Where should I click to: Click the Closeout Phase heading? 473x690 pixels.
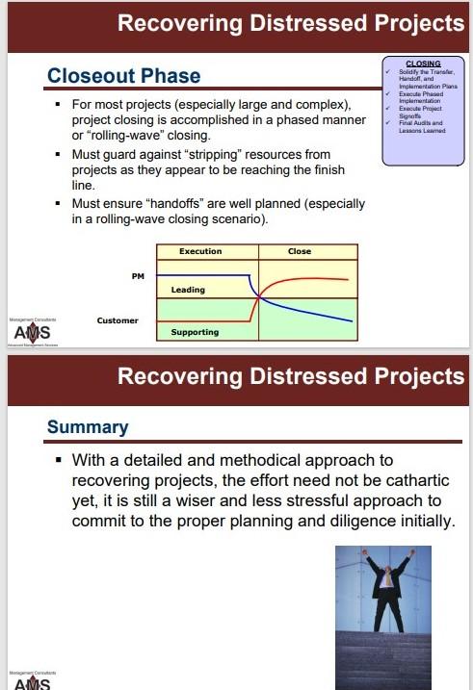pyautogui.click(x=124, y=76)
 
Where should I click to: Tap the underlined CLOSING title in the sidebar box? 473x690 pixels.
pyautogui.click(x=423, y=64)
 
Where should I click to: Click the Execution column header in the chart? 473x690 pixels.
pyautogui.click(x=200, y=251)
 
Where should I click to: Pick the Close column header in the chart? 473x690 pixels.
pyautogui.click(x=300, y=251)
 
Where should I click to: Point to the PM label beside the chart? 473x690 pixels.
pyautogui.click(x=137, y=275)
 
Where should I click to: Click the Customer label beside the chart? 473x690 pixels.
pyautogui.click(x=118, y=319)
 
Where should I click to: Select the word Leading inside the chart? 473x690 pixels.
pyautogui.click(x=187, y=290)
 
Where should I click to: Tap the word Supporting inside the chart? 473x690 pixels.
pyautogui.click(x=194, y=332)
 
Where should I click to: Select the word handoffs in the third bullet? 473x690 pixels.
pyautogui.click(x=182, y=204)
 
